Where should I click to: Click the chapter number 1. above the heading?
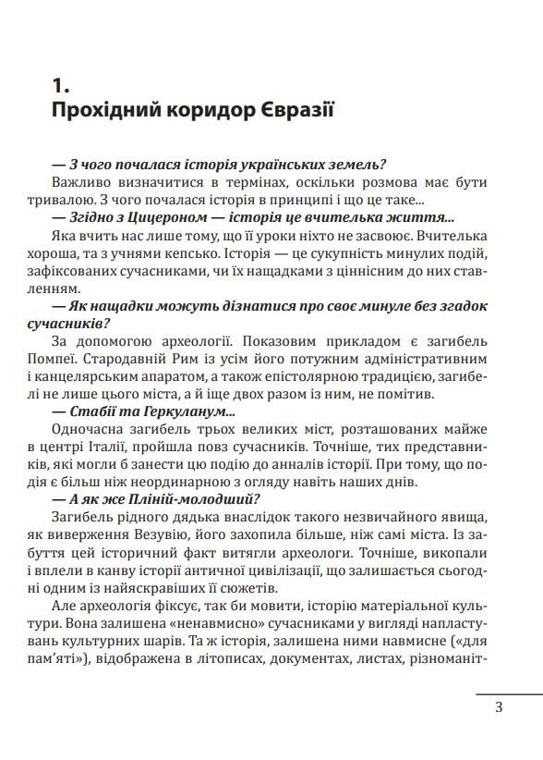(x=60, y=85)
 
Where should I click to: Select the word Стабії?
(x=96, y=411)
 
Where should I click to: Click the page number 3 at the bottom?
(x=498, y=709)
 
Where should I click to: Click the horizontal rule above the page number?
(x=509, y=693)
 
